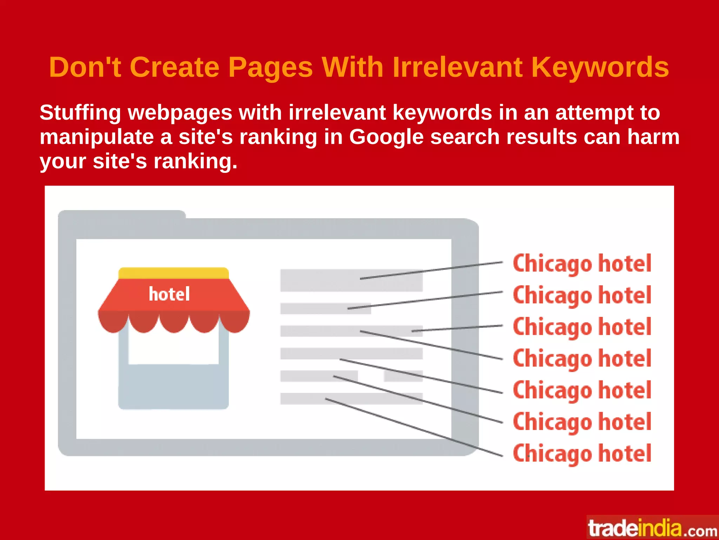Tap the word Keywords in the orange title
click(x=600, y=67)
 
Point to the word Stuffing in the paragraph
click(x=80, y=113)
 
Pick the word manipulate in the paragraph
click(x=97, y=137)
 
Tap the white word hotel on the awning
click(x=169, y=294)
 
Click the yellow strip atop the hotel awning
click(x=174, y=273)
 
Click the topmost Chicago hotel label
click(x=582, y=264)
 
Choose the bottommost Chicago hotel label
click(x=582, y=454)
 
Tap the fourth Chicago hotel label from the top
click(x=582, y=359)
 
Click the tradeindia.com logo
click(x=652, y=528)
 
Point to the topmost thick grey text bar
click(x=351, y=280)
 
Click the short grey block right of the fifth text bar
click(x=403, y=376)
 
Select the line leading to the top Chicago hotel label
click(x=431, y=271)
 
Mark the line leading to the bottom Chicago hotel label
click(x=414, y=427)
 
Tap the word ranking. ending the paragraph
click(x=195, y=162)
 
